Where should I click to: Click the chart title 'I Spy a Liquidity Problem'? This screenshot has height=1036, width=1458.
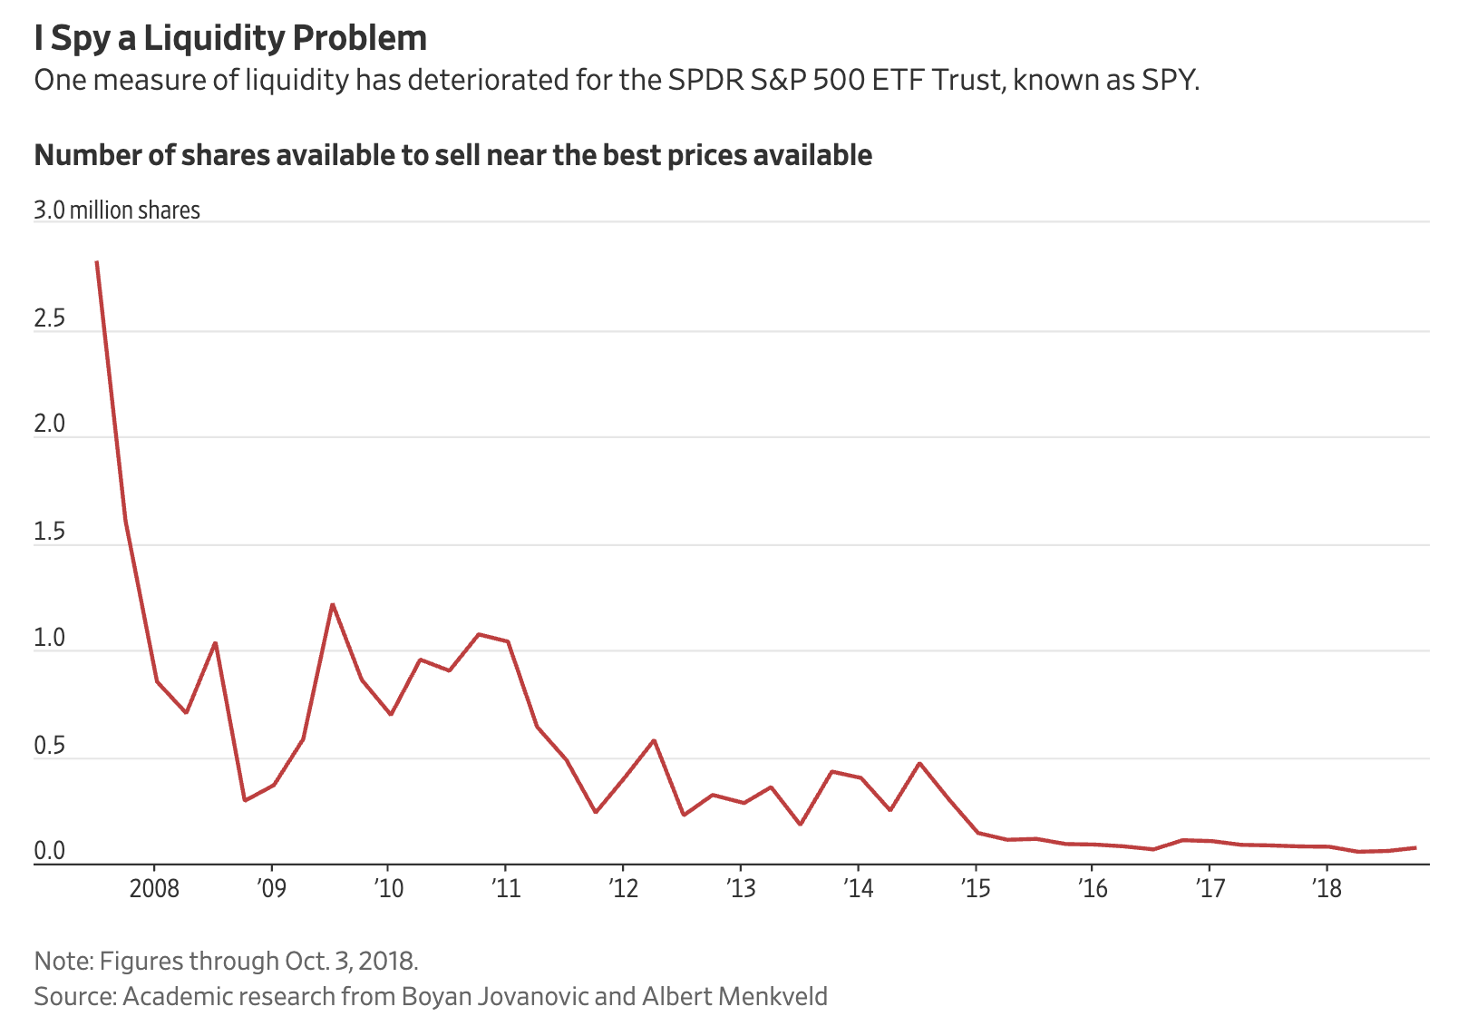(x=230, y=38)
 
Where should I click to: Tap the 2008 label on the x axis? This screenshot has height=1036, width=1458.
(x=154, y=888)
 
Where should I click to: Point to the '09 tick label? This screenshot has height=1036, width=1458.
(x=271, y=888)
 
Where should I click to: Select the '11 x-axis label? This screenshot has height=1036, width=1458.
(x=505, y=888)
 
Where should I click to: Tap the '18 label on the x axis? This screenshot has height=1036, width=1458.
(x=1327, y=888)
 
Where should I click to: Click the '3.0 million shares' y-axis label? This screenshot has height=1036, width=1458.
(x=117, y=210)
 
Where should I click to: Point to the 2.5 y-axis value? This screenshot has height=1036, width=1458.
(x=50, y=318)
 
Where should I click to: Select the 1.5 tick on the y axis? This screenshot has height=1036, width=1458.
(x=50, y=532)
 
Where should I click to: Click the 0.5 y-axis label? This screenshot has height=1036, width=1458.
(x=50, y=746)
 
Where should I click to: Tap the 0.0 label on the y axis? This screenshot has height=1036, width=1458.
(x=50, y=851)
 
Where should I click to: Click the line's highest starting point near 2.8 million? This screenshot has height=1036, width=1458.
(x=96, y=262)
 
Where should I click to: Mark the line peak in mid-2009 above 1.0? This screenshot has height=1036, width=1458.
(x=333, y=604)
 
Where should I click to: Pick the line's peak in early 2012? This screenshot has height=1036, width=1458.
(x=654, y=740)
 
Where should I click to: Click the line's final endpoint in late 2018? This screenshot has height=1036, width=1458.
(x=1415, y=847)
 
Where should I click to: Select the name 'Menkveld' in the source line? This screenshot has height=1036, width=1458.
(x=772, y=996)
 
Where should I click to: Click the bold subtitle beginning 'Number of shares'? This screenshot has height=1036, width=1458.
(x=452, y=155)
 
